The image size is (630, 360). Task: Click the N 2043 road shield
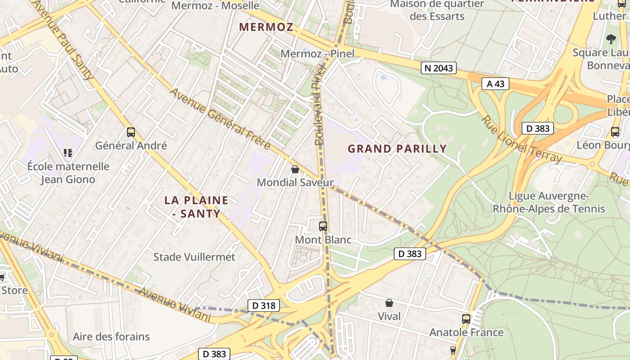tap(439, 68)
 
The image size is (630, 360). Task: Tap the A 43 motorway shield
tap(495, 84)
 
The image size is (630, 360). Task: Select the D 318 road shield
tap(263, 306)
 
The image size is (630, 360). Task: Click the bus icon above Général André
tap(131, 132)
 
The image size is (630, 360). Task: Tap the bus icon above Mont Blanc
tap(323, 226)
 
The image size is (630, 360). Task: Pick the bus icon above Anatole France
tap(466, 319)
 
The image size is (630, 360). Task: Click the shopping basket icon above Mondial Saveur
tap(295, 169)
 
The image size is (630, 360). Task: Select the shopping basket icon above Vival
tap(389, 303)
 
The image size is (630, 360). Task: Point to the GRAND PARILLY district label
tap(397, 148)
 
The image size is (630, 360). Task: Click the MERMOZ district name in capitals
tap(266, 27)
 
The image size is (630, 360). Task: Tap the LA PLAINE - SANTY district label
tap(196, 207)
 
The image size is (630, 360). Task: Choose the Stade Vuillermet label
tap(194, 257)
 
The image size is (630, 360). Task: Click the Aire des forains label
tap(111, 337)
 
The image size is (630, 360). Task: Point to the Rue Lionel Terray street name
tap(522, 139)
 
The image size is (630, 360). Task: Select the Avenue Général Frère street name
tap(220, 119)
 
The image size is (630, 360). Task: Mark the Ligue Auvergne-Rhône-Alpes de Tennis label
tap(549, 202)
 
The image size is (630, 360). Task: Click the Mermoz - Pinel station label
tap(317, 54)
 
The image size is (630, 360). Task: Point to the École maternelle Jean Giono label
tap(68, 173)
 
